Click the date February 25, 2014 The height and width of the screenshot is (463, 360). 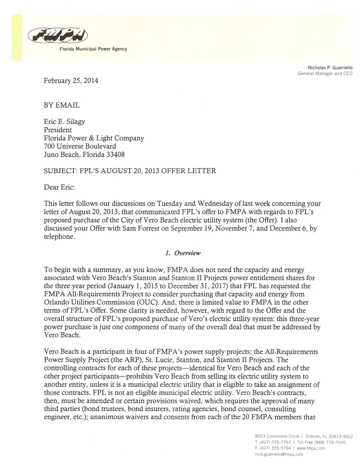point(71,81)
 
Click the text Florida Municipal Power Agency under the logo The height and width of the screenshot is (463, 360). point(93,49)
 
